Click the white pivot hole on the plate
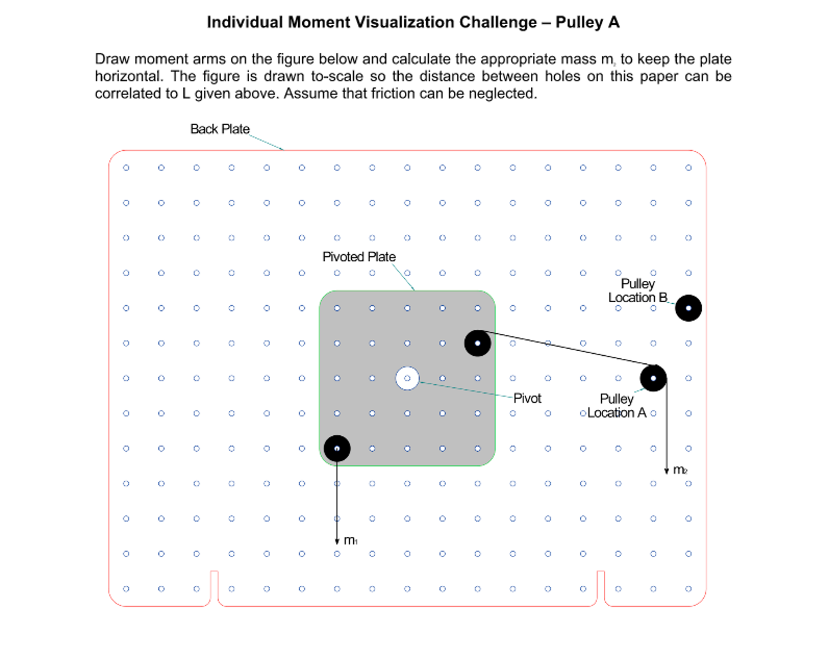click(407, 378)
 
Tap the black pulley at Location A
click(653, 378)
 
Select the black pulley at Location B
click(688, 308)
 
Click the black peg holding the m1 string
click(337, 448)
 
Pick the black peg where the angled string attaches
click(477, 343)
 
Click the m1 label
click(350, 540)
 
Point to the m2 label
click(679, 470)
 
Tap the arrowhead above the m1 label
click(337, 542)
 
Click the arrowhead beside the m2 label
click(666, 471)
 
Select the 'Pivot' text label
click(527, 398)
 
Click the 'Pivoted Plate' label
click(359, 256)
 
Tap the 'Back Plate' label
click(220, 129)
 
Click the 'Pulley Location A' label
click(616, 406)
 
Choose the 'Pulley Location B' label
click(637, 290)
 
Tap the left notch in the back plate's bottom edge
click(214, 587)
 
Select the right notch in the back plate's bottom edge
click(600, 587)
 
